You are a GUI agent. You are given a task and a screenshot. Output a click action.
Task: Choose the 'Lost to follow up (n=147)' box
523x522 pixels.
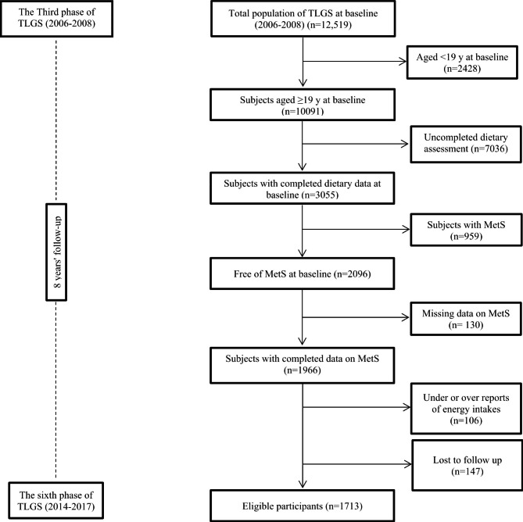(x=458, y=457)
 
